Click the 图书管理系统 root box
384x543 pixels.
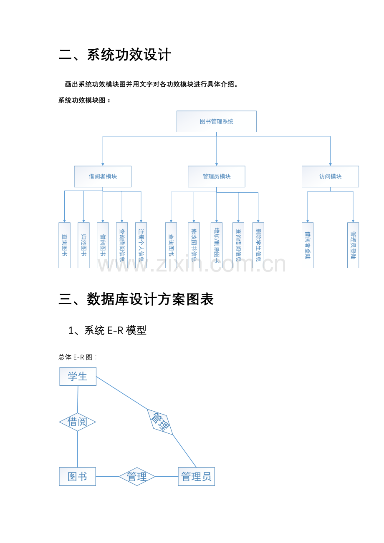[x=216, y=121]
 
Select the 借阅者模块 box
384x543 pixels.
[x=103, y=176]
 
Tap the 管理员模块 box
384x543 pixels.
[x=216, y=176]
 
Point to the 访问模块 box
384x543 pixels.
[x=330, y=176]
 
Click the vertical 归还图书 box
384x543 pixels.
[x=83, y=245]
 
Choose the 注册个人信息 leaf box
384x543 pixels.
[x=141, y=245]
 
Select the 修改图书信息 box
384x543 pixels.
[x=194, y=245]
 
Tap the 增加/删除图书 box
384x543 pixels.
[x=217, y=245]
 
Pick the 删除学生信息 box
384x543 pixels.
[x=258, y=245]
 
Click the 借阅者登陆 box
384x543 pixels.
[x=308, y=245]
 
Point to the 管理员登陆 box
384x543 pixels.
[x=353, y=245]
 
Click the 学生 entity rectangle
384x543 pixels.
[x=78, y=377]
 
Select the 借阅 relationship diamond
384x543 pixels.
[x=77, y=422]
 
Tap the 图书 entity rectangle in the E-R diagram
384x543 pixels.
[x=77, y=477]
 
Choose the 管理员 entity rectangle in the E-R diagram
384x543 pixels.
[x=196, y=477]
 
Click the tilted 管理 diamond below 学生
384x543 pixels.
[x=160, y=422]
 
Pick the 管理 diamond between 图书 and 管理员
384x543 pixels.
[x=137, y=477]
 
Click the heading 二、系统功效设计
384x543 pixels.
[x=115, y=55]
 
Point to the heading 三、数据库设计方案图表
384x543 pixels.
[x=136, y=299]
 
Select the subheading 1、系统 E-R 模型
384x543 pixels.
[x=107, y=330]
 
